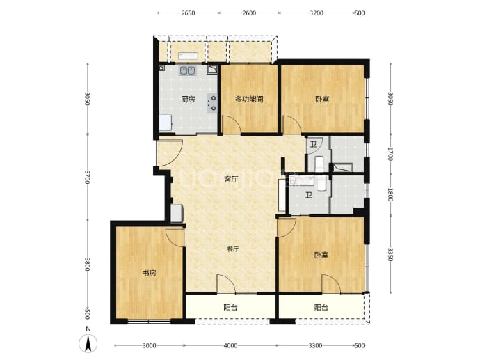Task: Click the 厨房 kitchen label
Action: point(188,100)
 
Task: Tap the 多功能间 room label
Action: point(249,100)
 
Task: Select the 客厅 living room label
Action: point(231,179)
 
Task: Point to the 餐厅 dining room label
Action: point(232,249)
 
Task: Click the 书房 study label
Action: point(150,273)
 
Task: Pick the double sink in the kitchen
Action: point(187,71)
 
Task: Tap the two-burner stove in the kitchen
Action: point(212,102)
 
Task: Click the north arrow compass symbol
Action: point(88,343)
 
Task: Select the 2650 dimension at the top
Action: point(188,13)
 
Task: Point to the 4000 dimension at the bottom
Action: point(230,345)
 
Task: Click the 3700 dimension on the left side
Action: point(88,178)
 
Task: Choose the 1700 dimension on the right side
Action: point(390,154)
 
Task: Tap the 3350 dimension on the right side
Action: point(390,255)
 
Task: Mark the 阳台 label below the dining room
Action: point(230,307)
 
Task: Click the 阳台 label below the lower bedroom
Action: point(321,307)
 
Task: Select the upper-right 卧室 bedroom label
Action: point(322,100)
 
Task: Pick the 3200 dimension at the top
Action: point(317,13)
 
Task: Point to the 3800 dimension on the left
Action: point(88,264)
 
